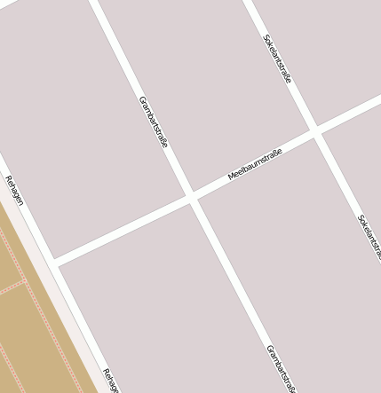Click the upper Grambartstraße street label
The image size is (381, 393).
pos(154,122)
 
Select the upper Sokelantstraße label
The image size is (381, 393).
pos(277,59)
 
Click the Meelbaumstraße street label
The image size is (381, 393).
pos(255,165)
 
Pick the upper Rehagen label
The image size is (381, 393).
pos(14,190)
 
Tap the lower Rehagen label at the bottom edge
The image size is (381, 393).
pos(111,381)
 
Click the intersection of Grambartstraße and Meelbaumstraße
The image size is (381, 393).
pos(192,198)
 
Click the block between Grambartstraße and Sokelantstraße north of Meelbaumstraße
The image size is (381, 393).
pos(204,89)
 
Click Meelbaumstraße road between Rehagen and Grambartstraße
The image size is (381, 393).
pos(124,231)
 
